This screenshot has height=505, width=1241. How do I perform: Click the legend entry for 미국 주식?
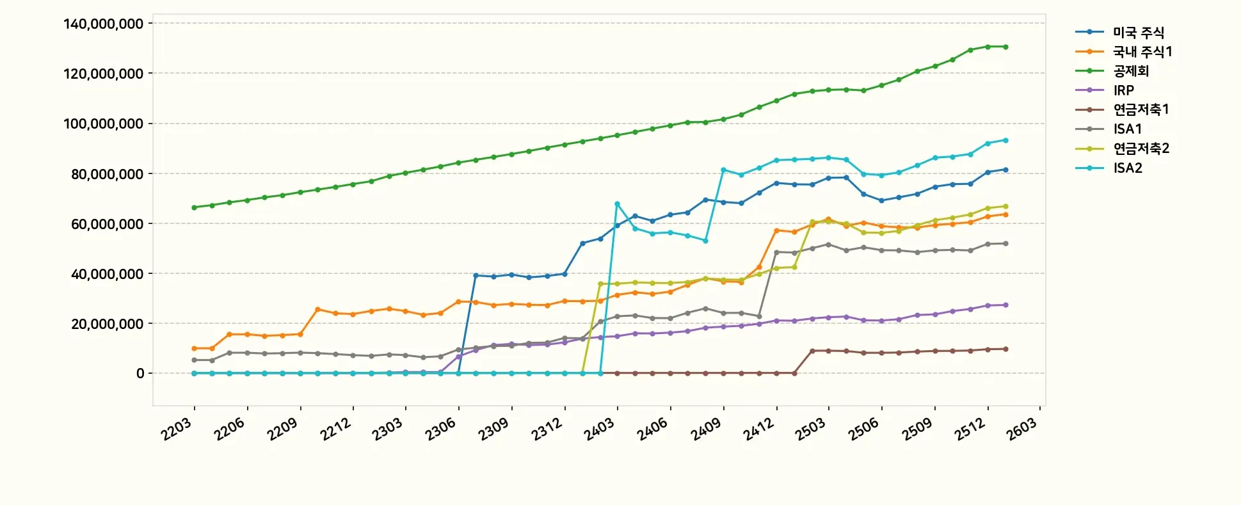tap(1138, 32)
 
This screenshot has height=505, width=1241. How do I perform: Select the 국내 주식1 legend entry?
tap(1142, 51)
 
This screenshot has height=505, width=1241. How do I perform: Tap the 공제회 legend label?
tap(1131, 71)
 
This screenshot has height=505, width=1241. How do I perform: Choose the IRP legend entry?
tap(1123, 90)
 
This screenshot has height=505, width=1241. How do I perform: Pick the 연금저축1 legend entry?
tap(1141, 109)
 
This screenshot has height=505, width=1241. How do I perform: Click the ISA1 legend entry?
tap(1127, 129)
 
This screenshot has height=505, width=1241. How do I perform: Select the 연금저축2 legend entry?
tap(1141, 148)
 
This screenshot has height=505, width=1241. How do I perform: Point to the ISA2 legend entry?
tap(1127, 168)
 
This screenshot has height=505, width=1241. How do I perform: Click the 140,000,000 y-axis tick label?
tap(103, 24)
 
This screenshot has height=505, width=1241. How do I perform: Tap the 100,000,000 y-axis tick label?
tap(103, 124)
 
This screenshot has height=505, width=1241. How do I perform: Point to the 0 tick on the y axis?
tap(140, 373)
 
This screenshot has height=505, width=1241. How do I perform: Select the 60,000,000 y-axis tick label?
tap(107, 224)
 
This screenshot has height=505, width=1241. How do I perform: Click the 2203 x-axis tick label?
tap(176, 429)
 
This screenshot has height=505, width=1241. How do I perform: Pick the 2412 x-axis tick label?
tap(758, 429)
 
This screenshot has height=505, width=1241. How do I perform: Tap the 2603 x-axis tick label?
tap(1021, 429)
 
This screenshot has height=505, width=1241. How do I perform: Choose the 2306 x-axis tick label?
tap(440, 429)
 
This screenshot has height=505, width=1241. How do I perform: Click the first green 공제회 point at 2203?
tap(194, 207)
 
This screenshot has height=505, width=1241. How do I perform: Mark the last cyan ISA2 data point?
tap(1005, 140)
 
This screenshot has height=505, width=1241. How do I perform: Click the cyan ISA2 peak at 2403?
tap(617, 204)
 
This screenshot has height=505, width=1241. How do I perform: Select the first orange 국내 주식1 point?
tap(194, 348)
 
